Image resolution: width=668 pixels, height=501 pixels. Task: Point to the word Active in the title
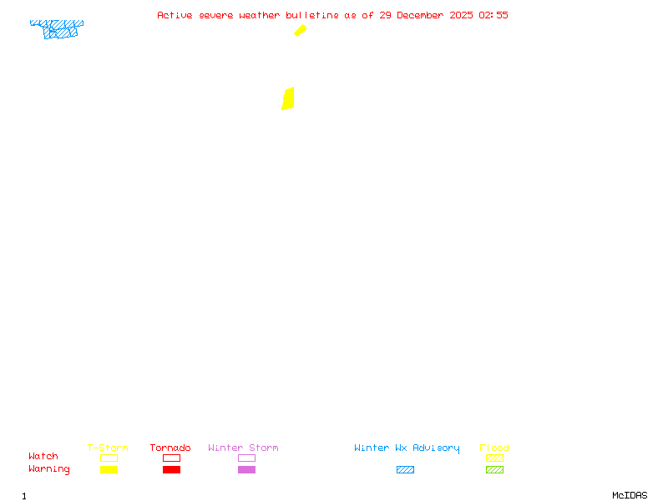175,15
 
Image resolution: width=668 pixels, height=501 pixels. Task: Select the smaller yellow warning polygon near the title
300,31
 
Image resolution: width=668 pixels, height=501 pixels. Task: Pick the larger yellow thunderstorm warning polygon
288,99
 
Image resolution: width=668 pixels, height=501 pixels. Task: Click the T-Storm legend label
108,448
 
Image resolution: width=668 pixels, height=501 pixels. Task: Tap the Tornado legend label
170,448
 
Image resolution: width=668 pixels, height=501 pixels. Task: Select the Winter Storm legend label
243,448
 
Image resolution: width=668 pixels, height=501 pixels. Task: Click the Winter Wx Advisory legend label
407,448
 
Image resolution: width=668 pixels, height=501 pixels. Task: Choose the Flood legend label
494,448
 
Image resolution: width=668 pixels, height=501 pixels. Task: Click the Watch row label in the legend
43,457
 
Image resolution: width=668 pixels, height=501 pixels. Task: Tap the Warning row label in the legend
49,469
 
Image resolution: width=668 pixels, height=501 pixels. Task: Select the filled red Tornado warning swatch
171,470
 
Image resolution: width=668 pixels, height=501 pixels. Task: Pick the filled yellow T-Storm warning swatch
109,470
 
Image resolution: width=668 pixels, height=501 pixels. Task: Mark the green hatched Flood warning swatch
494,470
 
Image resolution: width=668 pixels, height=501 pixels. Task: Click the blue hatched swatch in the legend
405,470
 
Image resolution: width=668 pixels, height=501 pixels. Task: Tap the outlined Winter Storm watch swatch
246,458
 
